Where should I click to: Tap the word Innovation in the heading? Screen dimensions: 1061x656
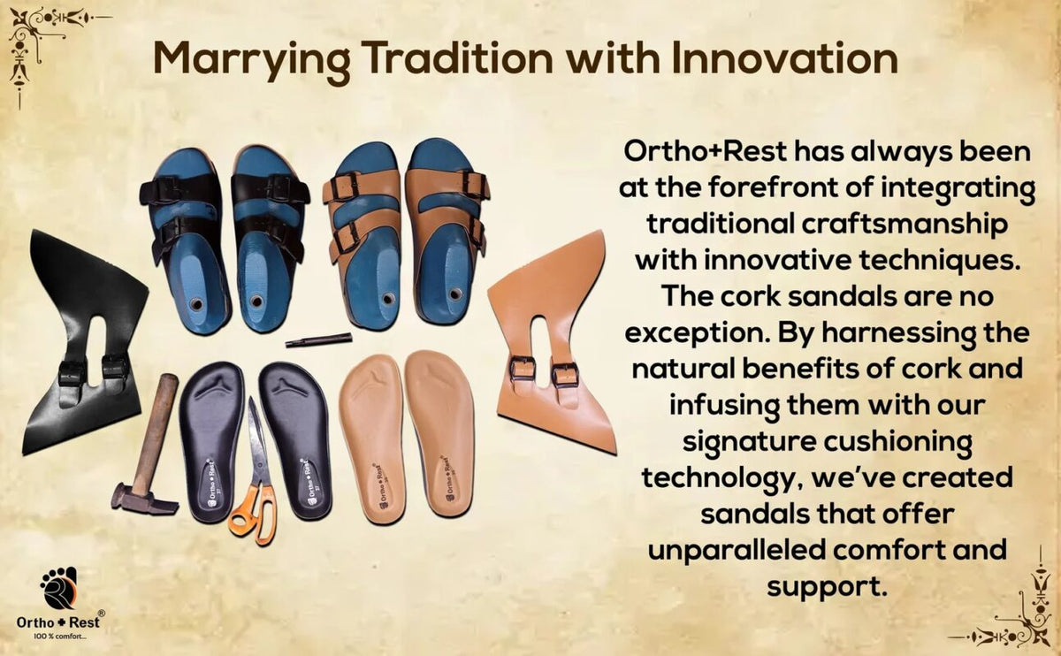(x=785, y=58)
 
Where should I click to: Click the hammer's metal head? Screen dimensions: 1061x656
(x=144, y=500)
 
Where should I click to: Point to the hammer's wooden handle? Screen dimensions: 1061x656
(x=155, y=432)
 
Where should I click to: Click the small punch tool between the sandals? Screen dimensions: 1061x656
(x=319, y=339)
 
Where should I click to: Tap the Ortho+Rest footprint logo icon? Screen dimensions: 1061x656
(x=58, y=588)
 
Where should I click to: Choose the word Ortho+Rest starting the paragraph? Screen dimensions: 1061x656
(x=706, y=151)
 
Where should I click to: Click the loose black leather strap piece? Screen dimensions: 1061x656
(x=85, y=342)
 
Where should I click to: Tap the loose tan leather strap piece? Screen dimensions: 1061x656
(x=552, y=342)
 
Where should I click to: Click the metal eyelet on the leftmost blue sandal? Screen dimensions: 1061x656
(x=195, y=303)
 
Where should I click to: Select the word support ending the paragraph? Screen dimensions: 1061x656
(x=827, y=587)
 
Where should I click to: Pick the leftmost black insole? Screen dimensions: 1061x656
(x=211, y=439)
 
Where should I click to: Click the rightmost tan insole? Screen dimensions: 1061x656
(x=439, y=433)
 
